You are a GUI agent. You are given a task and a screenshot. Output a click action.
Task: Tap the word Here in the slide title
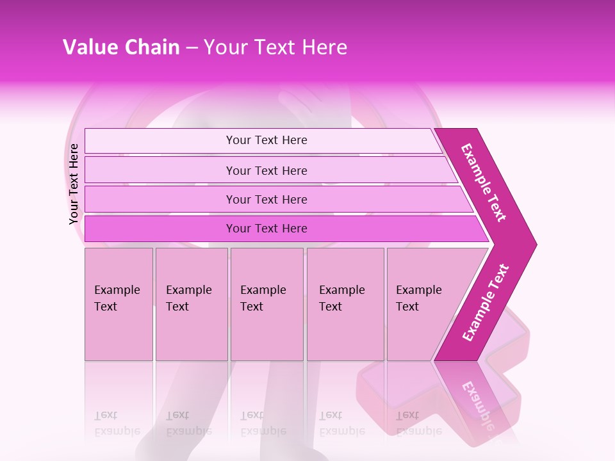tap(324, 47)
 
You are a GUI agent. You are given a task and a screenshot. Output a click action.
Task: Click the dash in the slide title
tap(191, 48)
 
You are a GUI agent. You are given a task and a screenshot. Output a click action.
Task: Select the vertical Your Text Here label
tap(74, 184)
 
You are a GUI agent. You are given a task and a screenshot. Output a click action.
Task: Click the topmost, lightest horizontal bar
tap(266, 140)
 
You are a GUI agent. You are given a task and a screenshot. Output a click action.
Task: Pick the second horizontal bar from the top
tap(266, 170)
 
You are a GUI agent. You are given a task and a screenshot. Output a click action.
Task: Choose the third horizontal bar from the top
tap(266, 199)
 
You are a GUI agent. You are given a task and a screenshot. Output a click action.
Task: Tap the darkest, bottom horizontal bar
tap(266, 229)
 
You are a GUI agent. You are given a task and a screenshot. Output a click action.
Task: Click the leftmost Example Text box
tap(119, 304)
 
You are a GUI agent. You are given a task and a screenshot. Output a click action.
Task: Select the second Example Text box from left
tap(191, 304)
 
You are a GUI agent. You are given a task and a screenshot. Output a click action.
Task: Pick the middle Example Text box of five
tap(266, 304)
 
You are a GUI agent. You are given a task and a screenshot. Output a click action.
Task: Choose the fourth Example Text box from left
tap(345, 304)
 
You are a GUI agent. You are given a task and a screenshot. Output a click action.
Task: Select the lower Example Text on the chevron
tap(485, 302)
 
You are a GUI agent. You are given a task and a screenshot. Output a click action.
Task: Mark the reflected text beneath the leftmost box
tap(117, 423)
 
